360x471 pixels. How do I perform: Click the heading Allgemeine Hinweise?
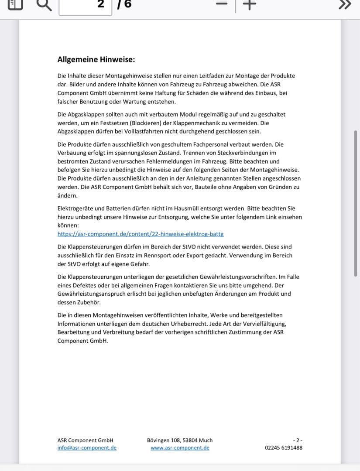pos(96,59)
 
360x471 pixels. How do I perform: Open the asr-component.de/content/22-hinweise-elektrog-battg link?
pos(141,234)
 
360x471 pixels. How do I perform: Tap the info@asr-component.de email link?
pos(87,447)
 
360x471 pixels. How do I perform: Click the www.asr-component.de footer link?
pos(180,447)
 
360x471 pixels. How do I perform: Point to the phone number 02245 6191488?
pos(283,447)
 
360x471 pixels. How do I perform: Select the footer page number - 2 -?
pos(298,440)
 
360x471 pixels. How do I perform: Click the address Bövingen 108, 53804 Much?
pos(180,440)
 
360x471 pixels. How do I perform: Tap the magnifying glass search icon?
pos(44,4)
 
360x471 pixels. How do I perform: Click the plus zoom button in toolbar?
pos(249,4)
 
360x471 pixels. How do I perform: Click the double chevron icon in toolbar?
pos(345,4)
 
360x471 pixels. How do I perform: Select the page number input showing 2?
pos(86,5)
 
